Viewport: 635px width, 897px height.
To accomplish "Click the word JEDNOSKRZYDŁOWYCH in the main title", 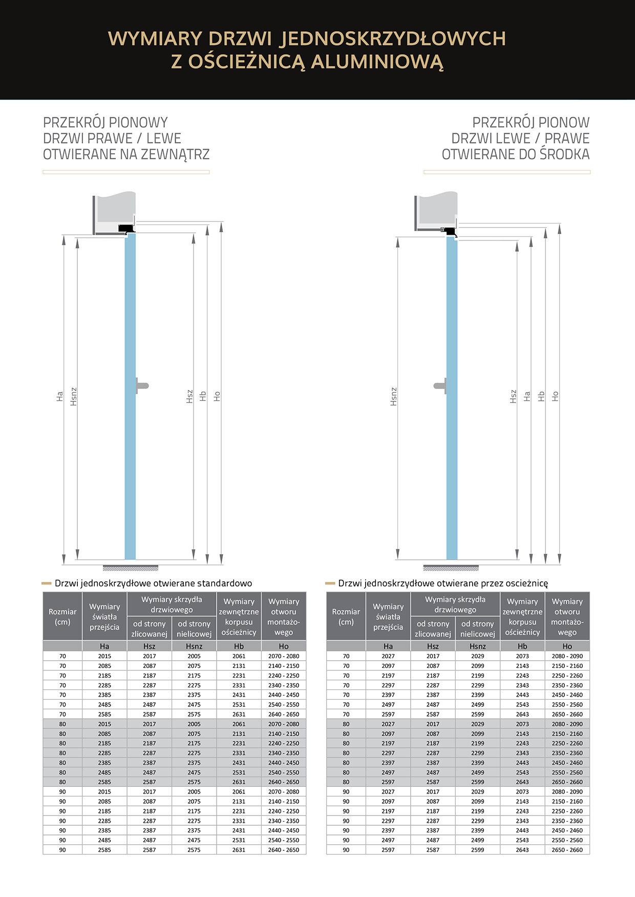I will [393, 39].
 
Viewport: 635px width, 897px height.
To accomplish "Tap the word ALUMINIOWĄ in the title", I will [377, 62].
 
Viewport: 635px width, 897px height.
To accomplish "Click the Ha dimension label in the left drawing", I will [59, 396].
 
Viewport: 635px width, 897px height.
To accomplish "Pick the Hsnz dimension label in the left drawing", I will [73, 396].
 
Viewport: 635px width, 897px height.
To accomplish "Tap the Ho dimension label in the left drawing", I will [217, 396].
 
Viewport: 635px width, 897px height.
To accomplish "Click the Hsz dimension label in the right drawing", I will [513, 396].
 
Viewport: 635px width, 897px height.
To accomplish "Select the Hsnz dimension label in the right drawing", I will [393, 396].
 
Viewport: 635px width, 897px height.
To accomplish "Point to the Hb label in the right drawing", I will [541, 396].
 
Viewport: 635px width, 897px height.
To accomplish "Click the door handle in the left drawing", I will [142, 385].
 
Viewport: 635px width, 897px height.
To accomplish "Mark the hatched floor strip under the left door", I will [131, 568].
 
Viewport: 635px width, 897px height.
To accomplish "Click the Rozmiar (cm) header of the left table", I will [62, 617].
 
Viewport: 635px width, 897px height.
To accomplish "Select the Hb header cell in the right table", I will [522, 646].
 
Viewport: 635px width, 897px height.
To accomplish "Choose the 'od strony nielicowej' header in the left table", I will [194, 628].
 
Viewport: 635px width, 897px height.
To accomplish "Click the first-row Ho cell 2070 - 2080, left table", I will [284, 656].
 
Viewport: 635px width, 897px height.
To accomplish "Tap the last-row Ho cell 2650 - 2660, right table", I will [567, 850].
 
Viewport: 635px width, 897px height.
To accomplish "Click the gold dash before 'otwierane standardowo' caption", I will [47, 583].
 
